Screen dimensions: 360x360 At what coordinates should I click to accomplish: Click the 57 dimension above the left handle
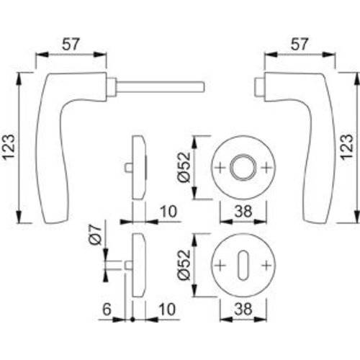(71, 45)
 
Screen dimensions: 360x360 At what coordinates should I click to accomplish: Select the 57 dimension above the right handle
(301, 45)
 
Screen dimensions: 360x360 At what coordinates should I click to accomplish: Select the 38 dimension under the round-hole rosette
(243, 213)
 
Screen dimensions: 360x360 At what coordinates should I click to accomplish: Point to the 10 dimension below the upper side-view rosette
(166, 213)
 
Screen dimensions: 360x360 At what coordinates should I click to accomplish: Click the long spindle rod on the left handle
(162, 88)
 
